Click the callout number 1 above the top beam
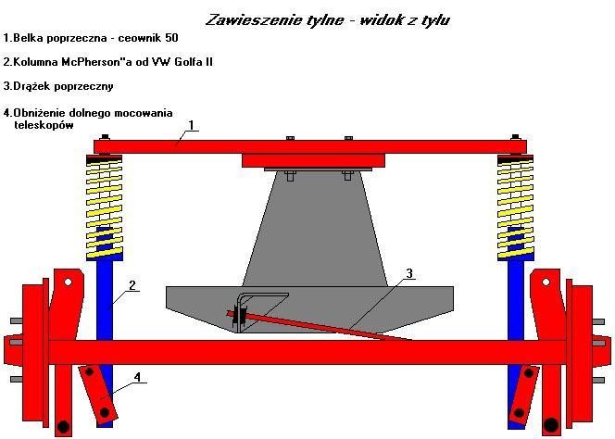[x=191, y=124]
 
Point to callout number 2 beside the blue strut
[x=132, y=285]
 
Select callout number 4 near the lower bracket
[x=136, y=377]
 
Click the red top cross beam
[x=310, y=145]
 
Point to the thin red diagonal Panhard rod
[x=324, y=326]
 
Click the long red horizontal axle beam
[x=308, y=352]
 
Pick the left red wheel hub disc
[x=34, y=350]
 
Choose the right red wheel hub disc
[x=581, y=350]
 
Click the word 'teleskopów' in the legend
[x=44, y=125]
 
